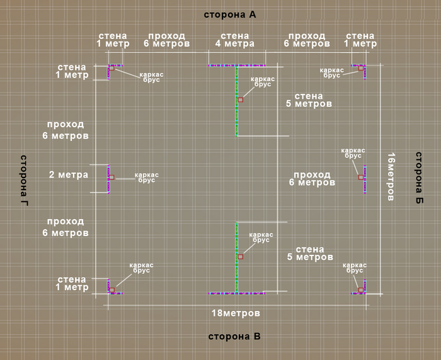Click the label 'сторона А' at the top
coord(230,14)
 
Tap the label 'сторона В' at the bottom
coord(234,336)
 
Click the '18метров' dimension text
coord(236,313)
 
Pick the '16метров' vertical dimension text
coord(391,177)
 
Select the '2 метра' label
coord(69,174)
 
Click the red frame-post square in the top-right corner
coord(361,68)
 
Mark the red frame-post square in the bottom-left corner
coord(112,290)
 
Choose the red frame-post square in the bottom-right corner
coord(361,290)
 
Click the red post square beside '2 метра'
coord(112,177)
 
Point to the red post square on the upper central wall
coord(240,99)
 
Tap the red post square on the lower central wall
coord(240,257)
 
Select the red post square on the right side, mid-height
coord(361,177)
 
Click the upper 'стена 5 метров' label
coord(309,100)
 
